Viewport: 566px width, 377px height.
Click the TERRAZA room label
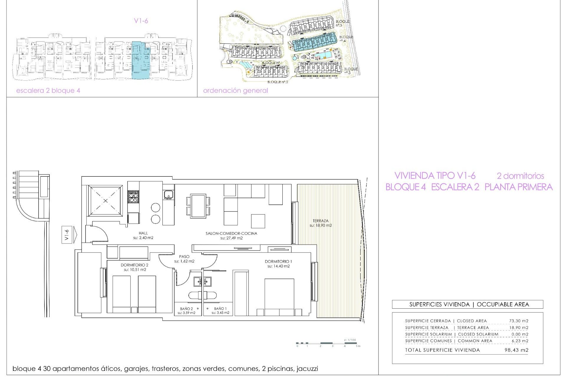(320, 221)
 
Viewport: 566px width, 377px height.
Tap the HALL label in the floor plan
(143, 233)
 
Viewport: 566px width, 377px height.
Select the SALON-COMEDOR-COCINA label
(231, 233)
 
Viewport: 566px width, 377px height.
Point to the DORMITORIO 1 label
(278, 261)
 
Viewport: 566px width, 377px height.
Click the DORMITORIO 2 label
(134, 265)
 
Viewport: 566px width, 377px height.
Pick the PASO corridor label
(184, 257)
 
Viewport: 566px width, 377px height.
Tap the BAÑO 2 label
(186, 309)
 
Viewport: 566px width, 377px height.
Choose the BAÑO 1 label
(220, 309)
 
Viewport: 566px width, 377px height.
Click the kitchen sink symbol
(168, 194)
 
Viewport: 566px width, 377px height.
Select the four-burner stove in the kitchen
(133, 197)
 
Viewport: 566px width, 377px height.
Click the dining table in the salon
(198, 206)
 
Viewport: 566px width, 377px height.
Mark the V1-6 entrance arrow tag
(68, 235)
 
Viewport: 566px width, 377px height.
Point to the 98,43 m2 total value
(516, 350)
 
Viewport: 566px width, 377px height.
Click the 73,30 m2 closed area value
(519, 321)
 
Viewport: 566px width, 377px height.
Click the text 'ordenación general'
(236, 91)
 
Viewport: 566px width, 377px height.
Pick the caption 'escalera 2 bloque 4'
(48, 91)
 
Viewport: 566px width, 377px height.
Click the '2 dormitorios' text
(520, 176)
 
